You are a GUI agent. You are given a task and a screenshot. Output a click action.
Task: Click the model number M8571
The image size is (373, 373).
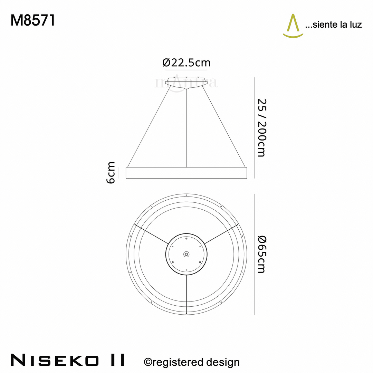pyautogui.click(x=33, y=20)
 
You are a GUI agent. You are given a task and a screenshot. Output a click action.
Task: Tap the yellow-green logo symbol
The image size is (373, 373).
pyautogui.click(x=293, y=26)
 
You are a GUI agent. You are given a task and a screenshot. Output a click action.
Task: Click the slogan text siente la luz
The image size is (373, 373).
pyautogui.click(x=334, y=25)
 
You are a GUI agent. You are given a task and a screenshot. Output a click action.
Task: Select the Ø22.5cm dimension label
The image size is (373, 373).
pyautogui.click(x=186, y=63)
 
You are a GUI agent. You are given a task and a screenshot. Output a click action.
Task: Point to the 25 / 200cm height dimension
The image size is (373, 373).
pyautogui.click(x=262, y=128)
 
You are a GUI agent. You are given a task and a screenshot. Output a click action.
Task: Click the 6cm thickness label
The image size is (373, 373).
pyautogui.click(x=111, y=172)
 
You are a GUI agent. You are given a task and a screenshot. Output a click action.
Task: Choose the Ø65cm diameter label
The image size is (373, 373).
pyautogui.click(x=262, y=254)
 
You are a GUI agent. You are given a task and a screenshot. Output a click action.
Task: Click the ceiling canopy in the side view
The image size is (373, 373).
pyautogui.click(x=186, y=82)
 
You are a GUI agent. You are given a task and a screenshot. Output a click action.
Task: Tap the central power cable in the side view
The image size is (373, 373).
pyautogui.click(x=186, y=128)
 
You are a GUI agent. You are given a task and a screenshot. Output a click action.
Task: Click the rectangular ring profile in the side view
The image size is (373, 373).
pyautogui.click(x=186, y=173)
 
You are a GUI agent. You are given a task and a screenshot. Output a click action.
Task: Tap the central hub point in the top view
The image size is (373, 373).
pyautogui.click(x=186, y=254)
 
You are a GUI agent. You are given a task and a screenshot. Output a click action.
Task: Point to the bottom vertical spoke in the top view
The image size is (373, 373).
pyautogui.click(x=186, y=294)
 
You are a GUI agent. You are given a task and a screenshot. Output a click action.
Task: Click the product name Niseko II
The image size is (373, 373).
pyautogui.click(x=68, y=360)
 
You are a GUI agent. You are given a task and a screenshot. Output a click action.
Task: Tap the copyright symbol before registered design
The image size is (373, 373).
pyautogui.click(x=148, y=362)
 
